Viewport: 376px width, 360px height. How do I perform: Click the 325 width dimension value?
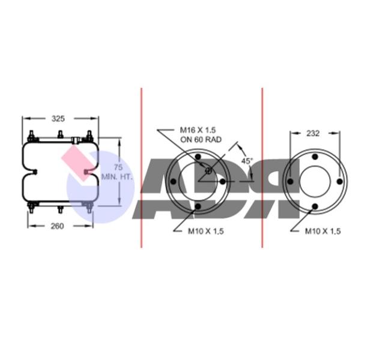tap(58, 119)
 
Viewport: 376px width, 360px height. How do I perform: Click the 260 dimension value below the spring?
tap(57, 226)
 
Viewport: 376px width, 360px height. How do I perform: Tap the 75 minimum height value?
tap(118, 167)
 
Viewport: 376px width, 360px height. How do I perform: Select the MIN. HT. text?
tap(117, 177)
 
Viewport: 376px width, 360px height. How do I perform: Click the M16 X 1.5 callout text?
tap(198, 130)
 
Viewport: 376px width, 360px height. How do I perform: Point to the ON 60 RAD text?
tap(201, 139)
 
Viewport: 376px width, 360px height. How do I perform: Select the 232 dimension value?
tap(313, 133)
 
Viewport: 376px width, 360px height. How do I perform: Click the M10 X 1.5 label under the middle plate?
tap(206, 231)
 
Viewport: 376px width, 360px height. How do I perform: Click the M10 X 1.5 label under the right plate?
tap(323, 231)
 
